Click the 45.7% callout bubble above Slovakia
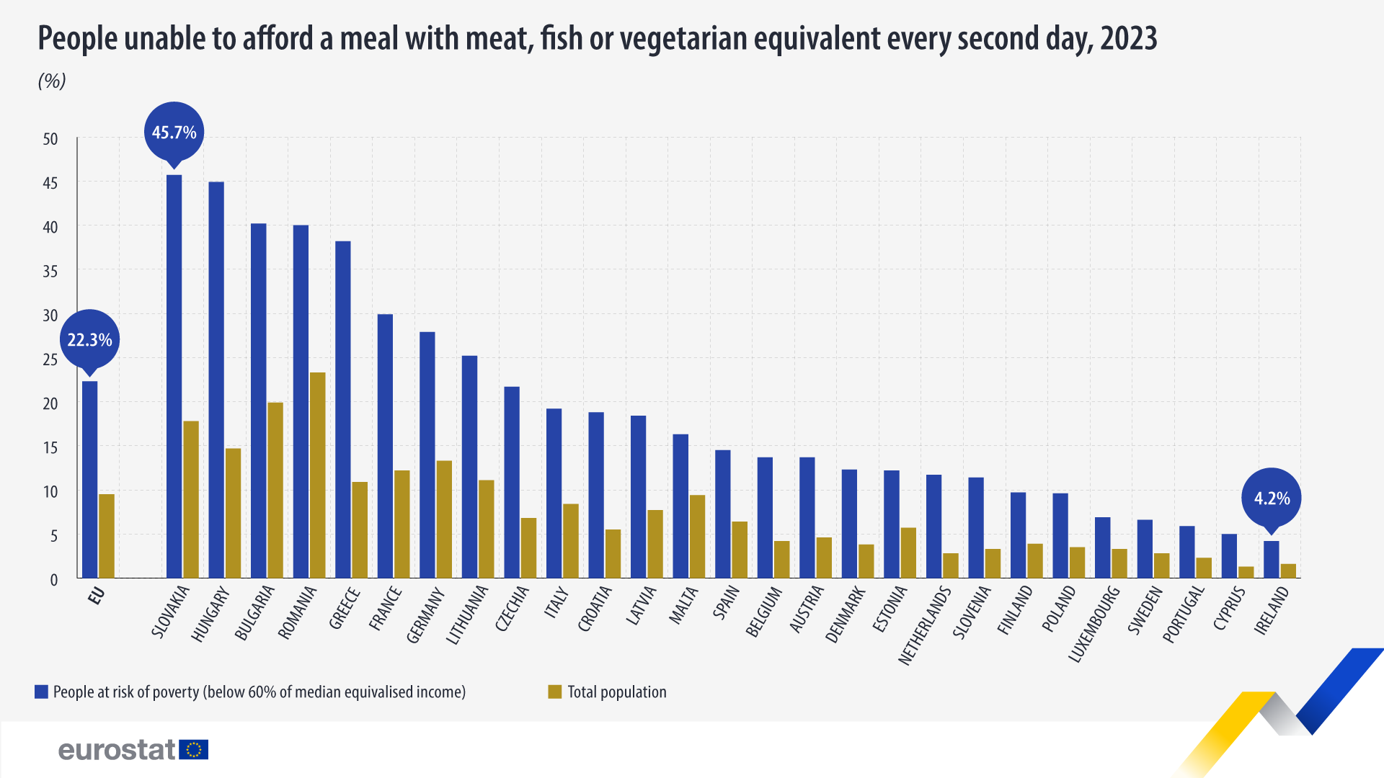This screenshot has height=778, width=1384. [174, 133]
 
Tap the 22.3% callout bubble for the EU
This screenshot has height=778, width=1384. [89, 339]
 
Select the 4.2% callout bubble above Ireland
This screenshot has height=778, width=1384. [1272, 498]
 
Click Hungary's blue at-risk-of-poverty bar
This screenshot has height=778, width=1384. [216, 380]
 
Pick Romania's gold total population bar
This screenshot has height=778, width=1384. [317, 475]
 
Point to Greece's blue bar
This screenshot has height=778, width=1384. [343, 409]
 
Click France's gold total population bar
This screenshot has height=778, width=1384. [402, 524]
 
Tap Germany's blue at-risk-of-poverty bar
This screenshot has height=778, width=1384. [427, 455]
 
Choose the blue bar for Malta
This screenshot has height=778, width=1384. [680, 506]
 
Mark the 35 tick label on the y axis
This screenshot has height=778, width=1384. [50, 272]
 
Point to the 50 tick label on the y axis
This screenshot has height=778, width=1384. [50, 139]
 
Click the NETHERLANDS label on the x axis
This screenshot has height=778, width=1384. [925, 625]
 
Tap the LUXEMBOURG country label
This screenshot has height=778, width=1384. [1094, 624]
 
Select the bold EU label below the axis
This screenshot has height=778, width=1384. [97, 596]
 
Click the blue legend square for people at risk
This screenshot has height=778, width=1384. [41, 692]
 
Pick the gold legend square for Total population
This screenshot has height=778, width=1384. [554, 692]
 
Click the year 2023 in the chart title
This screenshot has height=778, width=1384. [1128, 38]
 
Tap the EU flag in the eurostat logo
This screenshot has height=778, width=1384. [193, 750]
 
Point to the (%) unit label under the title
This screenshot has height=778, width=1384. [52, 81]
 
